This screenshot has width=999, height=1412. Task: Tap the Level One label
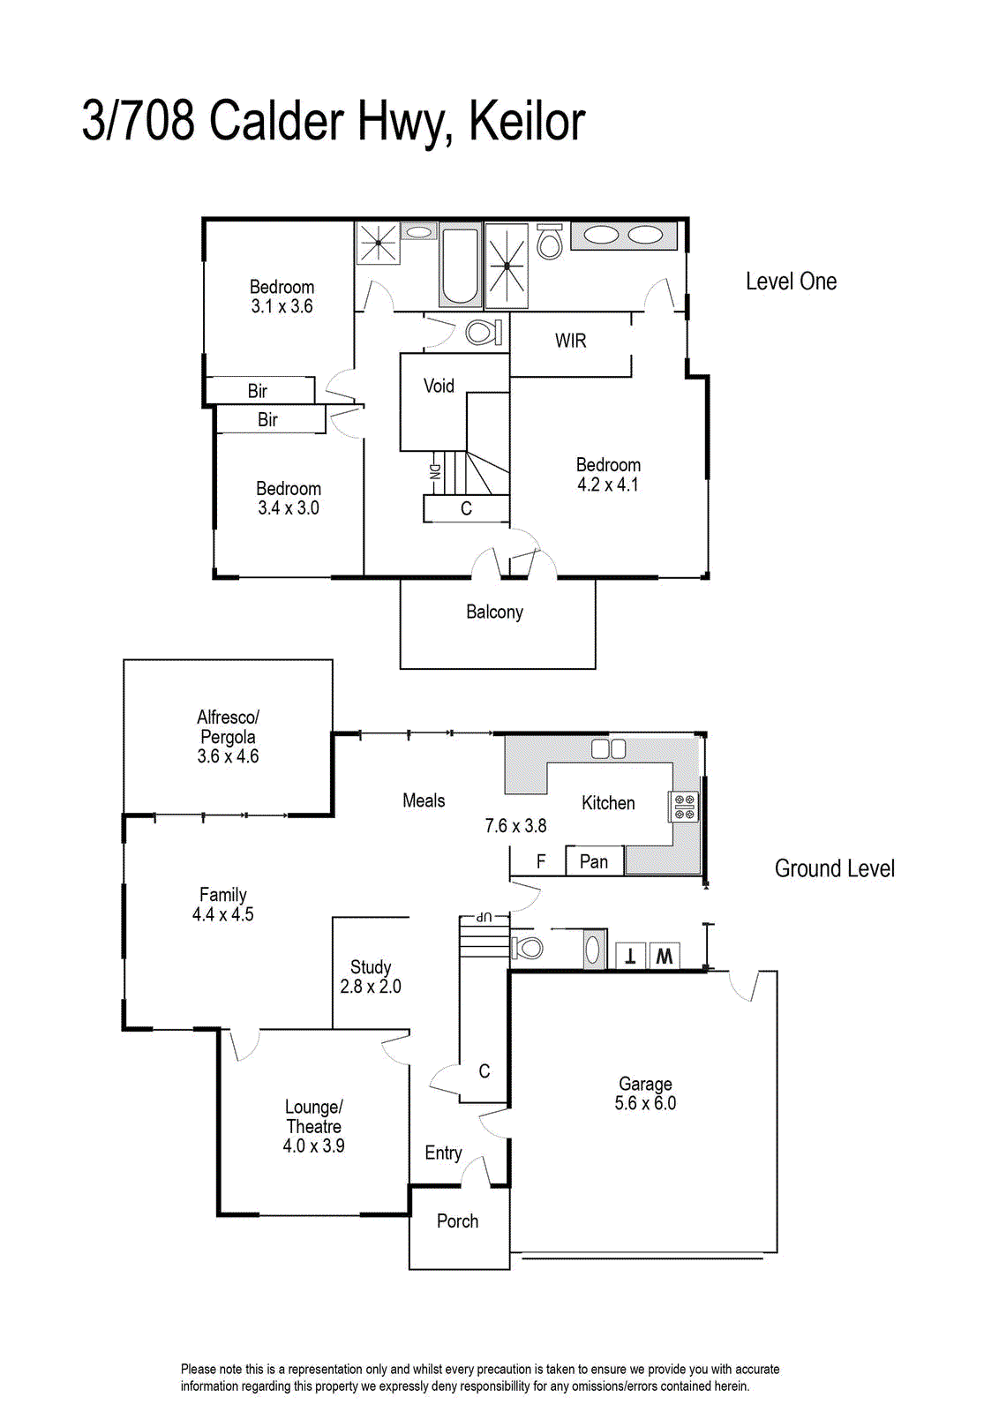pyautogui.click(x=791, y=282)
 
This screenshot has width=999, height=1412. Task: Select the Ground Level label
pyautogui.click(x=835, y=868)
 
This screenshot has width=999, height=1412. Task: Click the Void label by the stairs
pyautogui.click(x=439, y=386)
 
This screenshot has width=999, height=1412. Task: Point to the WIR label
pyautogui.click(x=570, y=341)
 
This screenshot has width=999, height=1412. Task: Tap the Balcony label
pyautogui.click(x=495, y=612)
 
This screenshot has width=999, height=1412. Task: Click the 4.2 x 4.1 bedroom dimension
pyautogui.click(x=608, y=484)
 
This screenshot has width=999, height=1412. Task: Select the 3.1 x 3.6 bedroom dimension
pyautogui.click(x=282, y=306)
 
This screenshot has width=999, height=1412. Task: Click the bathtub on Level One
pyautogui.click(x=460, y=268)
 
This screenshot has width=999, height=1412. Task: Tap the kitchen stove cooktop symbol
pyautogui.click(x=684, y=807)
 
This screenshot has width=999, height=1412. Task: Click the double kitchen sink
pyautogui.click(x=608, y=749)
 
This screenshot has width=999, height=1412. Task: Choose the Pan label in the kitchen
pyautogui.click(x=594, y=861)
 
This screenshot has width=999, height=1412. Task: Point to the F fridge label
pyautogui.click(x=541, y=861)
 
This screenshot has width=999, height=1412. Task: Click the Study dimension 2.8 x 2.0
pyautogui.click(x=371, y=986)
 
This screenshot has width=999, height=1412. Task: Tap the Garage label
pyautogui.click(x=645, y=1084)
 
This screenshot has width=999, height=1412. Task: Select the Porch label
pyautogui.click(x=458, y=1221)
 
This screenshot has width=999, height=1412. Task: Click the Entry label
pyautogui.click(x=444, y=1153)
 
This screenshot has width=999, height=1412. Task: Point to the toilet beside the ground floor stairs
pyautogui.click(x=528, y=947)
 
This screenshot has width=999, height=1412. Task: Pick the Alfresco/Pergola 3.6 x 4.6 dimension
pyautogui.click(x=229, y=755)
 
